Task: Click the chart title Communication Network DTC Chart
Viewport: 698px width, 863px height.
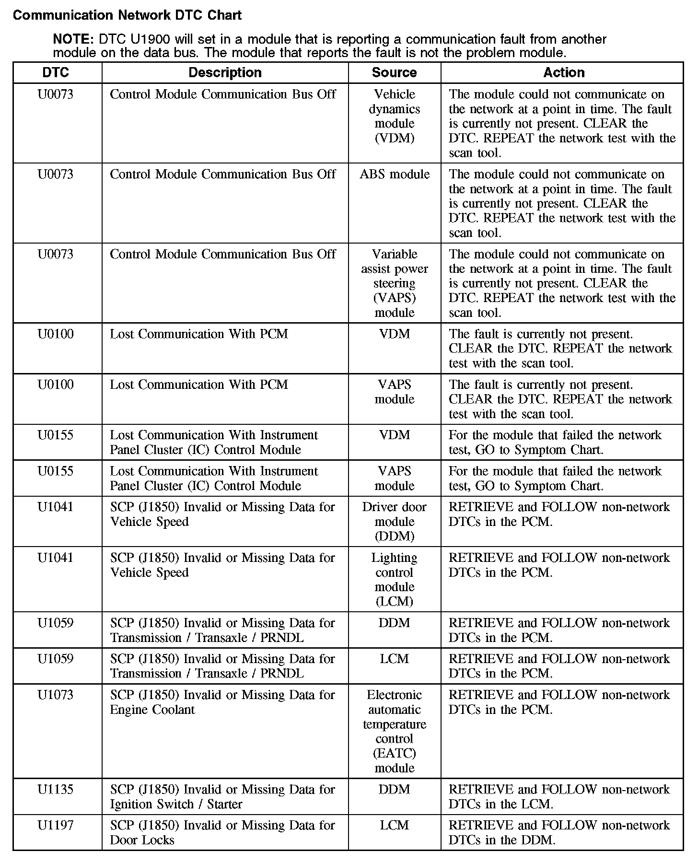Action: tap(127, 15)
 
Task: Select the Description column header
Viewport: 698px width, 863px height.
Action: tap(225, 72)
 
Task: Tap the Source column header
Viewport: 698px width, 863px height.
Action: tap(394, 72)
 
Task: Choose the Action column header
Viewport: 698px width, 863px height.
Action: tap(564, 72)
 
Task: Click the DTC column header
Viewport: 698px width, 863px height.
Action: tap(56, 72)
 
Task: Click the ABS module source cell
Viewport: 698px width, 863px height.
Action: tap(395, 174)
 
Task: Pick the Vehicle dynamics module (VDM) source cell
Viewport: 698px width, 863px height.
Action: tap(395, 116)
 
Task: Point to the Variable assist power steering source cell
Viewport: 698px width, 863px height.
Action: tap(395, 283)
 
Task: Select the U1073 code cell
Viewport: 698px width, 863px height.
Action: tap(56, 695)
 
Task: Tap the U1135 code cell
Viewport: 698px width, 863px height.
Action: tap(56, 789)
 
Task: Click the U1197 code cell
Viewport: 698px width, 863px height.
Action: tap(56, 825)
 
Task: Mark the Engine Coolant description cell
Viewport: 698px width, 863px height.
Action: tap(222, 702)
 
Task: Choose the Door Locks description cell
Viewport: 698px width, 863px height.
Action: tap(222, 832)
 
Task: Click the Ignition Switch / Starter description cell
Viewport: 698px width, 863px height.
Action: tap(222, 796)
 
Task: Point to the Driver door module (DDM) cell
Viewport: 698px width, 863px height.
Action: tap(395, 521)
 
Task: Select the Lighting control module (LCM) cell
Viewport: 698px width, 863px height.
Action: tap(395, 579)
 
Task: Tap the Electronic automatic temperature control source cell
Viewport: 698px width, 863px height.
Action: tap(395, 731)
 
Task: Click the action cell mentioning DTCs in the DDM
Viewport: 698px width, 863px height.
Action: tap(559, 832)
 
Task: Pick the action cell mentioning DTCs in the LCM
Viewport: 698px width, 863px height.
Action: tap(559, 796)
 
